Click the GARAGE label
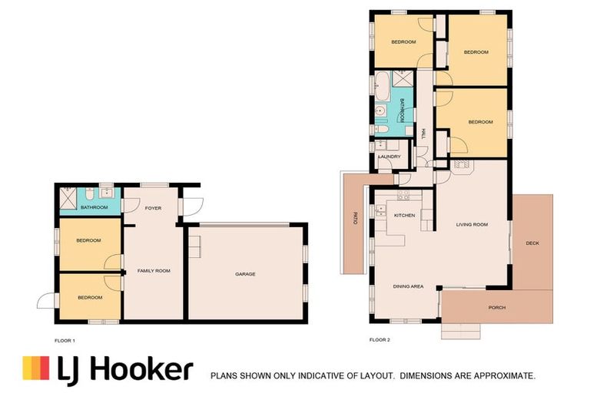(x=245, y=274)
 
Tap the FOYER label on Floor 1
(x=153, y=208)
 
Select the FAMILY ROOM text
(x=153, y=271)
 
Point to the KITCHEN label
(x=404, y=216)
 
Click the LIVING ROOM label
(x=472, y=224)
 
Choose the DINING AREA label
(x=408, y=286)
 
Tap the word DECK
(x=532, y=243)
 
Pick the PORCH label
(x=497, y=308)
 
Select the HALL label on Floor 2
(x=423, y=134)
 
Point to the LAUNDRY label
(x=389, y=157)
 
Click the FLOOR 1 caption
(x=65, y=340)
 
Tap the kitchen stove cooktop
(x=381, y=210)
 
